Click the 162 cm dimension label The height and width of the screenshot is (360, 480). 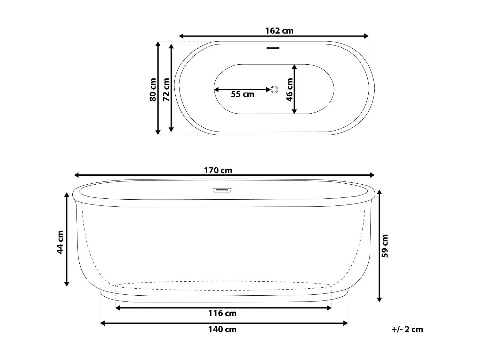point(279,31)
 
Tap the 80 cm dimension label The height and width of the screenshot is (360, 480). point(153,90)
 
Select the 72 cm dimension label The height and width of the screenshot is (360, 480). point(166,90)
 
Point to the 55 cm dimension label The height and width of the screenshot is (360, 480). point(243,94)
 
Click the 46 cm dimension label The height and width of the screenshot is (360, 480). point(290,90)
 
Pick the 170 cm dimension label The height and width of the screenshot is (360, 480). point(218,170)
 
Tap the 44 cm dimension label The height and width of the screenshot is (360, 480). point(60,242)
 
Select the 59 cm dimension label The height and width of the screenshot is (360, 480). point(385,246)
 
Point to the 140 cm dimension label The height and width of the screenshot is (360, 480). point(222,329)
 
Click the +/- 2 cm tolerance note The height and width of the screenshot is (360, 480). point(407,329)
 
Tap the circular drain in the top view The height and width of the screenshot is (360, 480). point(274,90)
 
